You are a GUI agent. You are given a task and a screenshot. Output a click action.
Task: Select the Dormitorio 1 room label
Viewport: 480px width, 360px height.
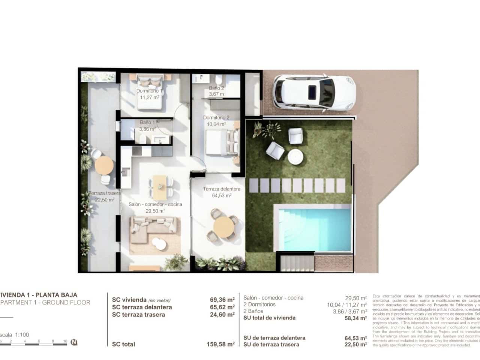pos(149,91)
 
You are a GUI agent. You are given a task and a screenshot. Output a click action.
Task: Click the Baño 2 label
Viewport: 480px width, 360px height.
pos(216,88)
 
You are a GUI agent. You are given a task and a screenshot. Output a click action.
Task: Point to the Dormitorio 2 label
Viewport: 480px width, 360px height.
pos(216,118)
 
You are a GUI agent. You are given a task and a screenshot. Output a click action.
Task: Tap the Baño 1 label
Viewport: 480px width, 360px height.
pos(147,123)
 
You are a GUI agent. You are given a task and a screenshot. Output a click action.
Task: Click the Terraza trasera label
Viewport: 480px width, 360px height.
pos(105,193)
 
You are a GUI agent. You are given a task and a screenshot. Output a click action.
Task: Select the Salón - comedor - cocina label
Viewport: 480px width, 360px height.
pos(155,204)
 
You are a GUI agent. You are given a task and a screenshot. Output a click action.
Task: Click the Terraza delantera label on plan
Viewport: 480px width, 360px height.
pos(221,189)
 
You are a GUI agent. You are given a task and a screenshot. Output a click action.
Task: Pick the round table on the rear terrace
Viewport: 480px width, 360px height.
pos(104,165)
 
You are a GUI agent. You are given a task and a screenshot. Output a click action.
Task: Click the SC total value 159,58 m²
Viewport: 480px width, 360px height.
pos(220,344)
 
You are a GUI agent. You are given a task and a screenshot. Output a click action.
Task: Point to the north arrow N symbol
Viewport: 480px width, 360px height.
pos(74,342)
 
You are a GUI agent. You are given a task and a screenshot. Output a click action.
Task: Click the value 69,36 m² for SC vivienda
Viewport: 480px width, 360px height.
pos(222,300)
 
